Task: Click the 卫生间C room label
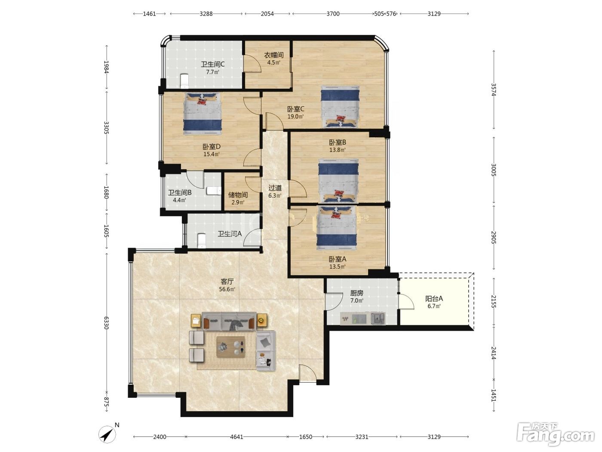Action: point(212,65)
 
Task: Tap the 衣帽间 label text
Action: point(274,55)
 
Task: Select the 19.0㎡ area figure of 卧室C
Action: point(295,117)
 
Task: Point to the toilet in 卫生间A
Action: point(202,241)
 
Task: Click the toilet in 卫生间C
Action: point(184,81)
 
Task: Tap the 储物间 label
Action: point(238,195)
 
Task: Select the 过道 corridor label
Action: point(275,188)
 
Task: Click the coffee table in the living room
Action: point(230,347)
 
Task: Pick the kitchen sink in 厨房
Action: point(378,319)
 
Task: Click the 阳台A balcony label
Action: point(434,299)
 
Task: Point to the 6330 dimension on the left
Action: point(106,323)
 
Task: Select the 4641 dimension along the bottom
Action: point(236,437)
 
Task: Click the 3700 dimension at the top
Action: point(333,14)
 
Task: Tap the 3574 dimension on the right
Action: point(494,90)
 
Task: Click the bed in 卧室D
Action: point(203,113)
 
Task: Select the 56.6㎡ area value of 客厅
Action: point(227,289)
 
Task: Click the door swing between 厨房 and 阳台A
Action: point(406,301)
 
